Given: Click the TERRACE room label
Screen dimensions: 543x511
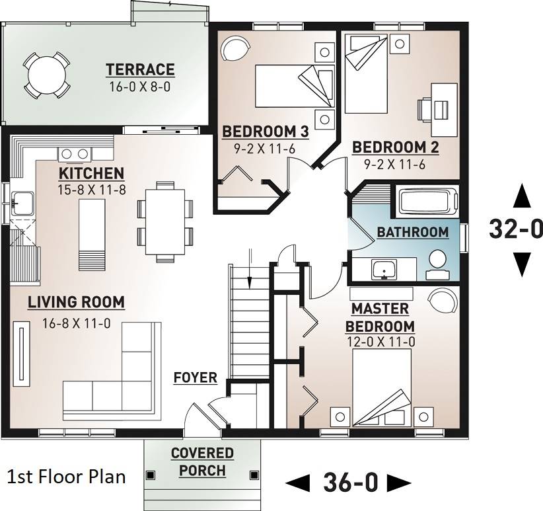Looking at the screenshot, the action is [140, 69].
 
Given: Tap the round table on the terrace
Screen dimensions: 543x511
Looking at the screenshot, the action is [47, 75].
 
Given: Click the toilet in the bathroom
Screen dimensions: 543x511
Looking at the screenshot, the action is [438, 264].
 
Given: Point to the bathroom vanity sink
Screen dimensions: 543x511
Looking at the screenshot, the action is [384, 270].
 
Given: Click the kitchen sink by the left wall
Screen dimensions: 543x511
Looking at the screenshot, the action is [22, 204].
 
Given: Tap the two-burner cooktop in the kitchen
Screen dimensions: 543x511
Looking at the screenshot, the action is [75, 154].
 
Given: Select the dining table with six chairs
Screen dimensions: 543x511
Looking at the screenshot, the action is [165, 221].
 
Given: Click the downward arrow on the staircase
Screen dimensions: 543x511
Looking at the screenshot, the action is [249, 268].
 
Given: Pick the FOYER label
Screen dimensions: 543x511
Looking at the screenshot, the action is [196, 377].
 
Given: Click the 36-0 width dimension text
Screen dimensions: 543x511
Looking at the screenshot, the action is [349, 483].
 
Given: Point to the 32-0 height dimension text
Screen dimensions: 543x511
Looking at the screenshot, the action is [515, 229].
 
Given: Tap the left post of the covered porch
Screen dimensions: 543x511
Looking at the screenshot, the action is [151, 475].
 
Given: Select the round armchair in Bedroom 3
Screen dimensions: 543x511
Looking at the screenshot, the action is [235, 48].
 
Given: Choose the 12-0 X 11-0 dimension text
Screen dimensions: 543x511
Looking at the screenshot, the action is [380, 342].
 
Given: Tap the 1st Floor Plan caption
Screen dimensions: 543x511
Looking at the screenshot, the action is [66, 477].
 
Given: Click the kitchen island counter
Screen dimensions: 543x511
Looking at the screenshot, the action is [92, 235].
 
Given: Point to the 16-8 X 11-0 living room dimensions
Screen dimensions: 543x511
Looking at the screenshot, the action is [76, 323].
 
